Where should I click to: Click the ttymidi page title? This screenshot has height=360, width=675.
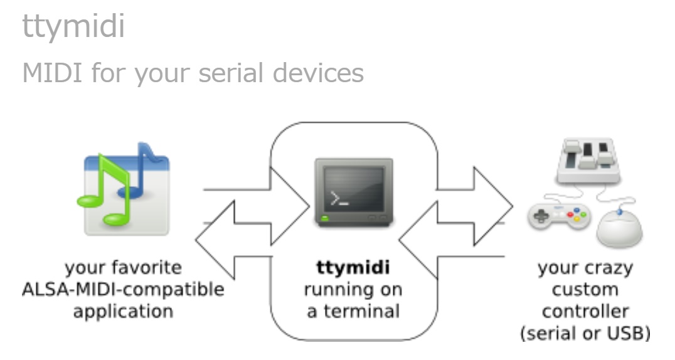coord(73,26)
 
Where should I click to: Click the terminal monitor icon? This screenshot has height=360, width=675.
coord(354,192)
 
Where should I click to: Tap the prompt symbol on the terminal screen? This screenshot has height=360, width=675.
coord(339,198)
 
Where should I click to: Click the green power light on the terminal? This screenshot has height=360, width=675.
coord(325,218)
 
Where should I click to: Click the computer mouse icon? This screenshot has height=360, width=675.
coord(619,228)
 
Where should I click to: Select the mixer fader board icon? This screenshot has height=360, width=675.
coord(588,160)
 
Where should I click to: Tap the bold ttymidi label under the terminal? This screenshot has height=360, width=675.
coord(353,267)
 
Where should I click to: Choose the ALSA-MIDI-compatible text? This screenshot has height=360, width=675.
coord(123,289)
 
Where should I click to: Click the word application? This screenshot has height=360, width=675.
coord(123,312)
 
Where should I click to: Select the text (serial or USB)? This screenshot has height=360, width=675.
coord(585,333)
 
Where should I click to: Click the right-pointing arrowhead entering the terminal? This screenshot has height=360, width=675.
coord(290,206)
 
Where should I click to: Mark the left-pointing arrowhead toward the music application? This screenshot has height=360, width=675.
coord(215,240)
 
